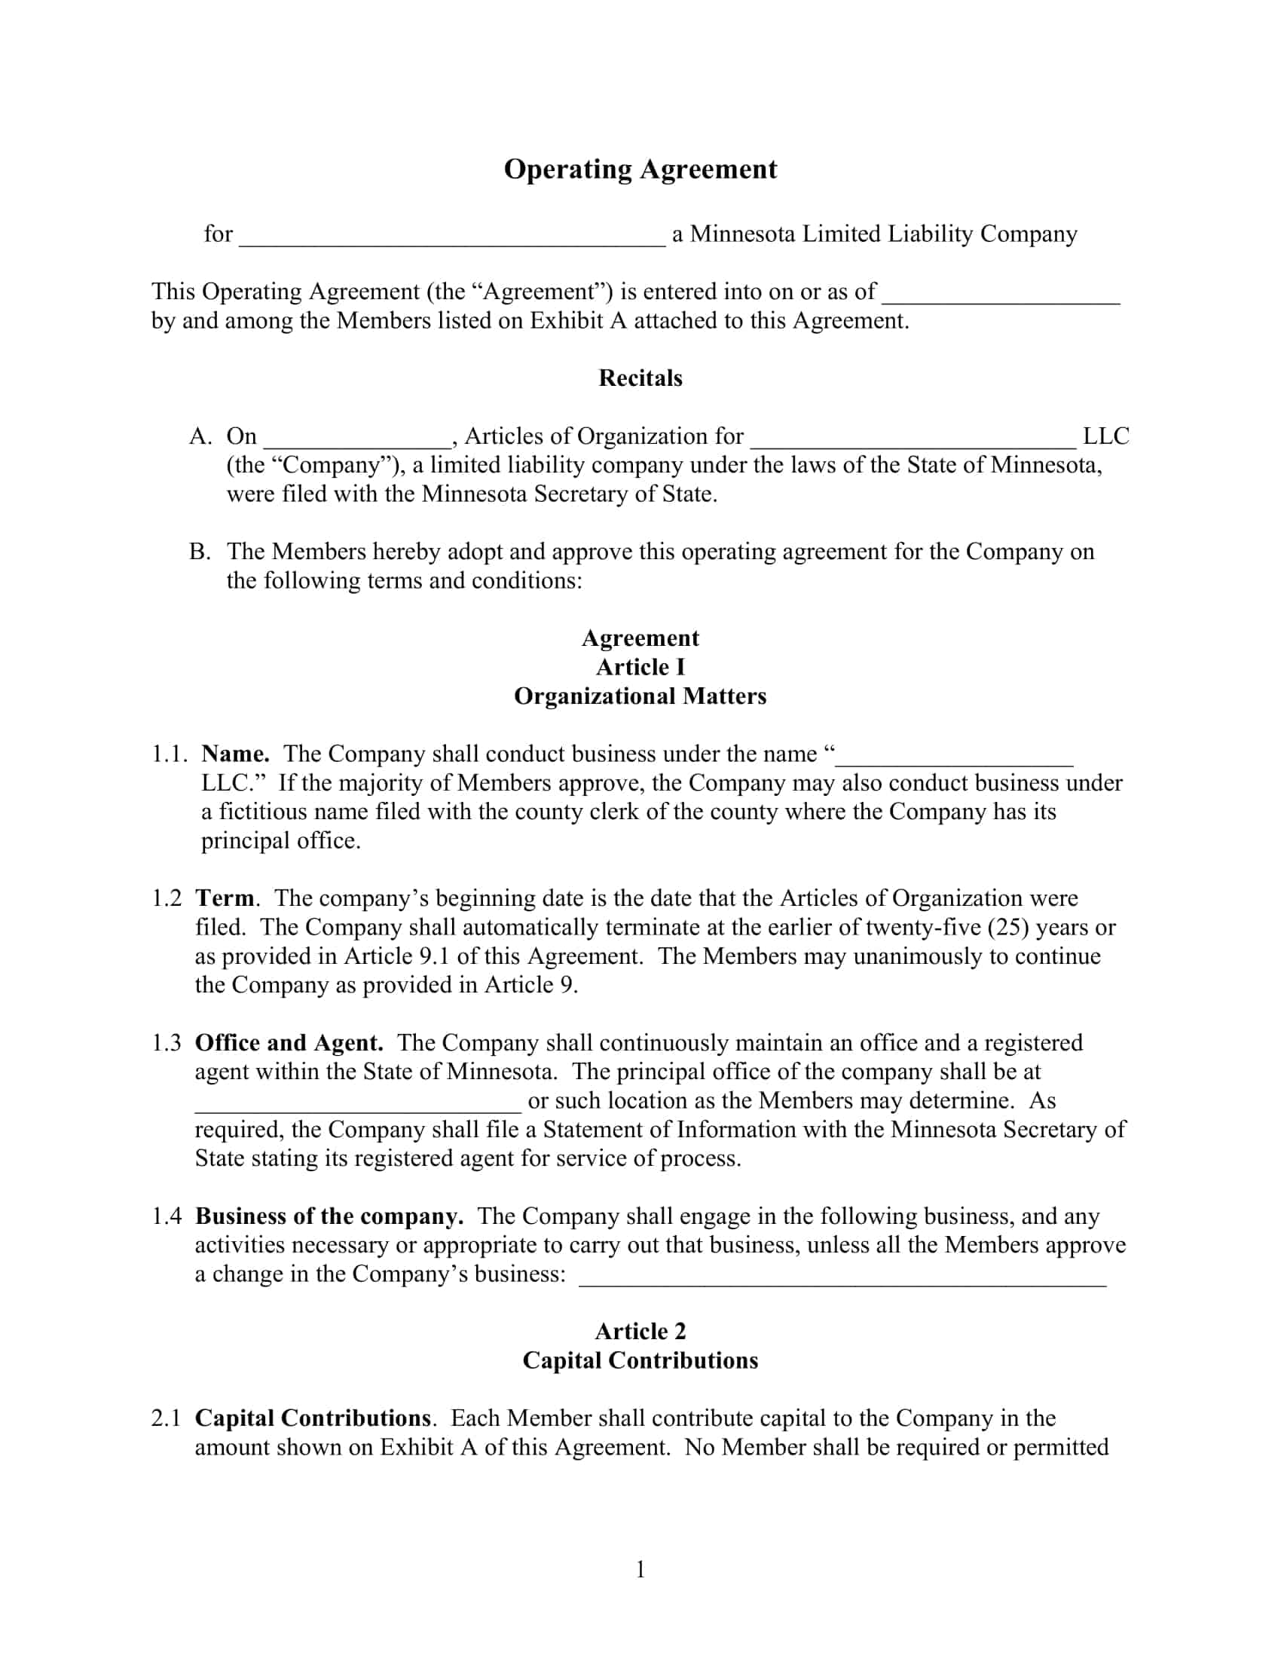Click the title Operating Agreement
click(640, 170)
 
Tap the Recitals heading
click(640, 378)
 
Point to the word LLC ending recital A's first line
click(1105, 436)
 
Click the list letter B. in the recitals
click(200, 552)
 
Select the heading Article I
click(640, 667)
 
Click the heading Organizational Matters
click(640, 696)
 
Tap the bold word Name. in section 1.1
click(235, 754)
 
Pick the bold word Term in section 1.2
click(225, 898)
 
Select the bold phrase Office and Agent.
click(289, 1043)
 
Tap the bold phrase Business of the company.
click(329, 1216)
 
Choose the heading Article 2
click(640, 1332)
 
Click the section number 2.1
click(167, 1418)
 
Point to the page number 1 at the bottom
click(640, 1570)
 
